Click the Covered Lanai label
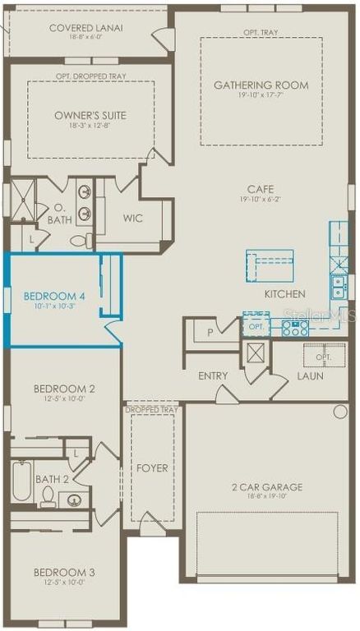tap(85, 28)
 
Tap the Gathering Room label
tap(261, 85)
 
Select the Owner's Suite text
tap(90, 115)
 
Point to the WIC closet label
tap(133, 218)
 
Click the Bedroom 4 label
tap(49, 296)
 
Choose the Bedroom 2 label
tap(64, 389)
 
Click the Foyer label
tap(152, 468)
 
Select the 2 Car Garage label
tap(268, 487)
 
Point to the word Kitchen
tap(284, 294)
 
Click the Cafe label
tap(261, 189)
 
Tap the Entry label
tap(213, 375)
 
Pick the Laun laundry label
tap(310, 375)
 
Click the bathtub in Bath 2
tap(22, 480)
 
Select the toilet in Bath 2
tap(48, 496)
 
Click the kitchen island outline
tap(269, 266)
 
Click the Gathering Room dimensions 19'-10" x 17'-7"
tap(261, 96)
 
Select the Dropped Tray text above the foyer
tap(152, 409)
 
